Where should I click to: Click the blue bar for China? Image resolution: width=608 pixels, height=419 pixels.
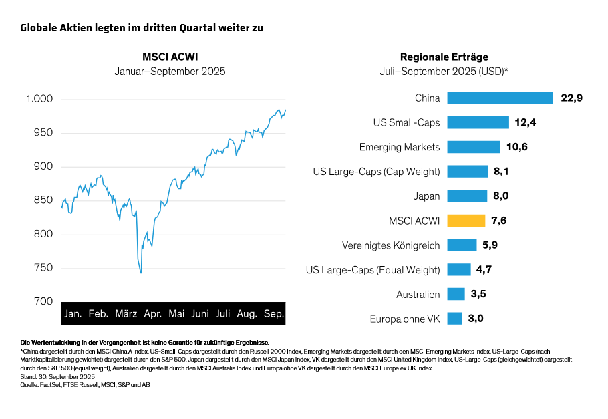pyautogui.click(x=500, y=98)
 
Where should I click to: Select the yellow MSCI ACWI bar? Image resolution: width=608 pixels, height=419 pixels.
pyautogui.click(x=466, y=221)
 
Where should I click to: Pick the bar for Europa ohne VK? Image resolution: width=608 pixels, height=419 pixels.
pyautogui.click(x=454, y=319)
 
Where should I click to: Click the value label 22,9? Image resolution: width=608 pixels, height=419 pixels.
pyautogui.click(x=572, y=98)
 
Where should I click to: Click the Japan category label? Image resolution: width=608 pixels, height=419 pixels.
pyautogui.click(x=427, y=196)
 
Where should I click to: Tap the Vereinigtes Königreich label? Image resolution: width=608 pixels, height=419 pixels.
pyautogui.click(x=391, y=245)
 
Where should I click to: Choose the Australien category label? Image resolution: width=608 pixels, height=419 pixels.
pyautogui.click(x=418, y=294)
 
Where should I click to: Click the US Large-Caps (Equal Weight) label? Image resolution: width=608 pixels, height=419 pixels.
pyautogui.click(x=373, y=270)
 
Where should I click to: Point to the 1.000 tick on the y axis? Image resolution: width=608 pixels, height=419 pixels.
pyautogui.click(x=39, y=99)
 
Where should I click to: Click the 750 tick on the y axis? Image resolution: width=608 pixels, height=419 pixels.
pyautogui.click(x=43, y=268)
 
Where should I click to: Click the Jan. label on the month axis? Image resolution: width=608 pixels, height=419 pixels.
pyautogui.click(x=73, y=313)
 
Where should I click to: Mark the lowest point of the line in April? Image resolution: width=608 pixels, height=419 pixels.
pyautogui.click(x=141, y=273)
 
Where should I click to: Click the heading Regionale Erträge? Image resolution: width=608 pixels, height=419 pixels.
pyautogui.click(x=444, y=57)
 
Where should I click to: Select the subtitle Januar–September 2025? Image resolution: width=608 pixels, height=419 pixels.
pyautogui.click(x=170, y=71)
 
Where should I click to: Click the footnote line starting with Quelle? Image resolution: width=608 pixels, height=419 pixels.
pyautogui.click(x=85, y=385)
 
